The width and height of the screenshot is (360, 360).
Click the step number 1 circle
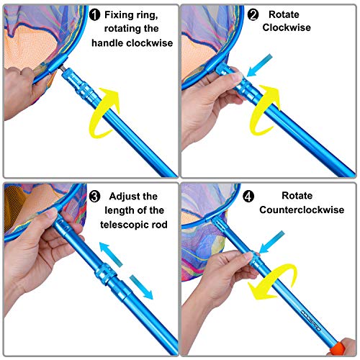coord(94,15)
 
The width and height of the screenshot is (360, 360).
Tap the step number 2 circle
coord(253,15)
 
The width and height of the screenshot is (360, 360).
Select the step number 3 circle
coord(94,197)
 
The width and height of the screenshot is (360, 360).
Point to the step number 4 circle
coord(248,197)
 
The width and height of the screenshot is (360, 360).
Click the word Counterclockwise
coord(302,210)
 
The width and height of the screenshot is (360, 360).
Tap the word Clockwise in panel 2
coord(287,27)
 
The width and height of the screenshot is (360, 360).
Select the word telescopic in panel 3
coord(122,225)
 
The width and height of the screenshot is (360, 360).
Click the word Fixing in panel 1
coord(119,15)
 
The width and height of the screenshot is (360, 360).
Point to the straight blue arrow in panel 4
coord(271,242)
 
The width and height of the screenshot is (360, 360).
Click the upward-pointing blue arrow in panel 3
coord(111,254)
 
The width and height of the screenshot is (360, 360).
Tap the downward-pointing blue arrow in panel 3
coord(142,287)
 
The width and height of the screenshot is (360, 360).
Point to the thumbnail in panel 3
coord(50,213)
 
